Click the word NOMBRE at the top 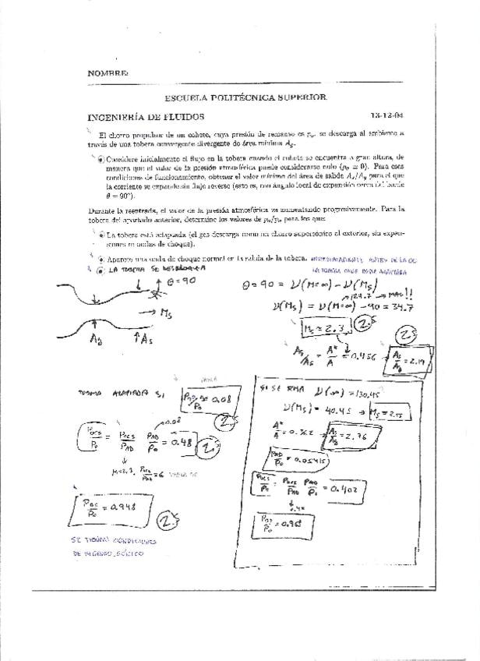click(x=108, y=72)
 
